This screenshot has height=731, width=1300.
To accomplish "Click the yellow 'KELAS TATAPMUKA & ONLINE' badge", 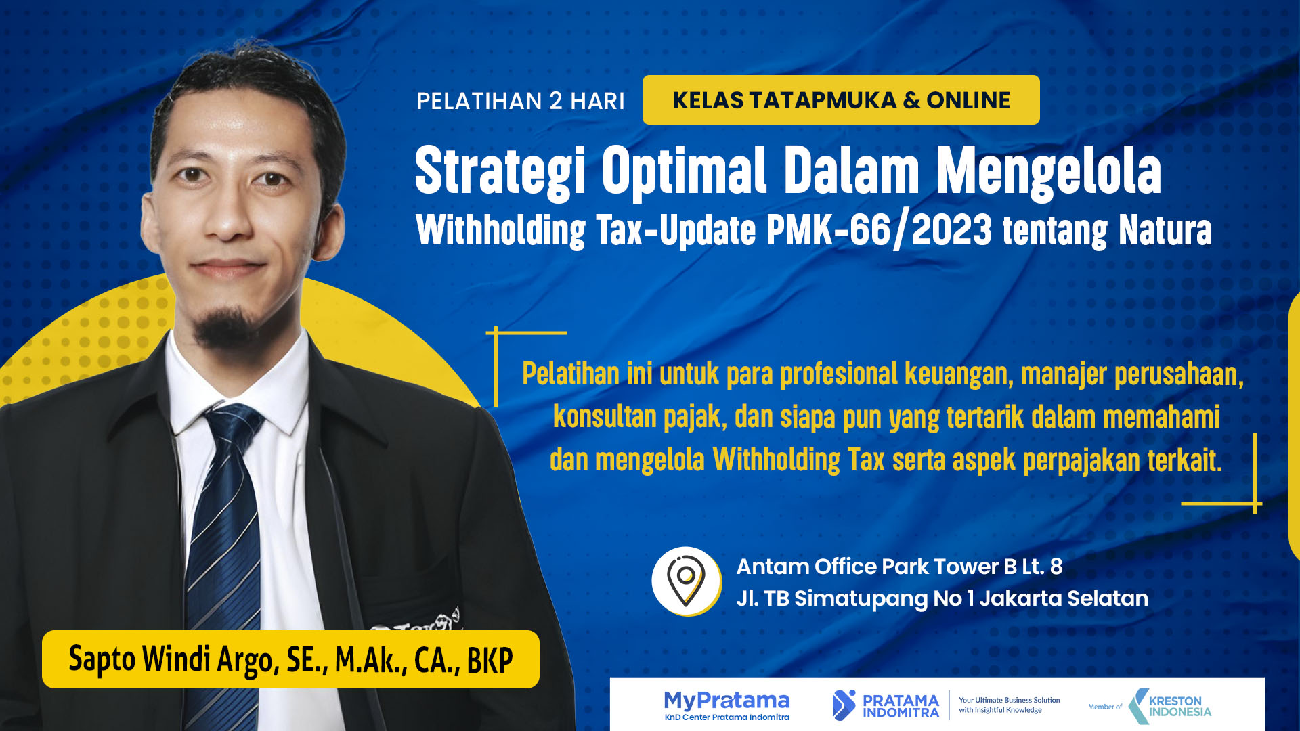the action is pyautogui.click(x=841, y=99).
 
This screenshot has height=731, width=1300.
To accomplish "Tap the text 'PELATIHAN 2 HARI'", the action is pyautogui.click(x=520, y=101).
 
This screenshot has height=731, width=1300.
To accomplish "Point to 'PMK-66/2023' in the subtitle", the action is pyautogui.click(x=880, y=230).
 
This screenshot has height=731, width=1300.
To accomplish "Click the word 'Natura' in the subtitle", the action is pyautogui.click(x=1165, y=230).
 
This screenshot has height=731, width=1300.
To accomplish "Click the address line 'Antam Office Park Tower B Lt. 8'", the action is pyautogui.click(x=899, y=567).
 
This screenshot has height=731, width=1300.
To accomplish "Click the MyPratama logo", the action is pyautogui.click(x=727, y=705).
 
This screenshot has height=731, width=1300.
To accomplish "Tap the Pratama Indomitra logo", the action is pyautogui.click(x=886, y=705).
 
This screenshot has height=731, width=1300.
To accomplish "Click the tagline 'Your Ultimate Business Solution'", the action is pyautogui.click(x=1009, y=700).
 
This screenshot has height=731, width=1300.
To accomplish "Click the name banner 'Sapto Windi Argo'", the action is pyautogui.click(x=290, y=659).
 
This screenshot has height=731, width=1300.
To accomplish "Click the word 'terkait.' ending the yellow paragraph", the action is pyautogui.click(x=1185, y=460).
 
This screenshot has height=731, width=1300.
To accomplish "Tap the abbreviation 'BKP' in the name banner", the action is pyautogui.click(x=490, y=661).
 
